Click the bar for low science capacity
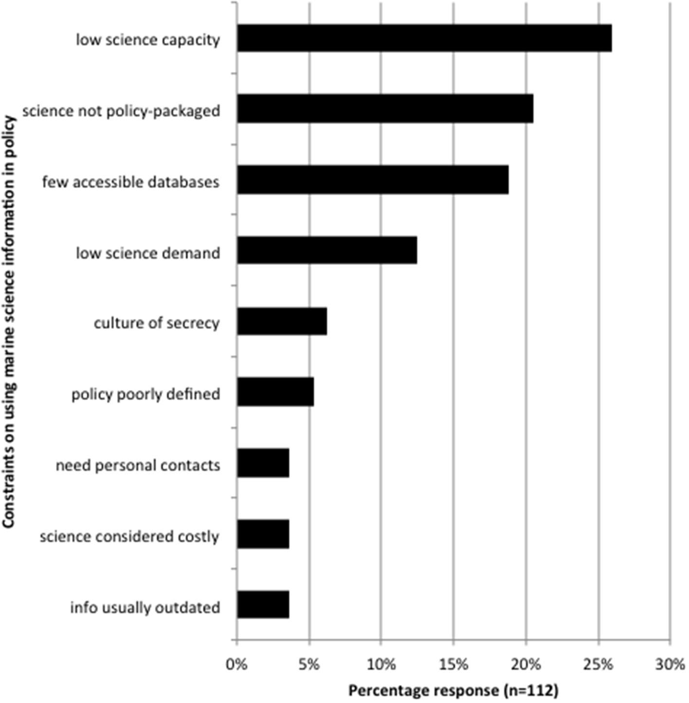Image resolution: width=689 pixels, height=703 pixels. (x=424, y=38)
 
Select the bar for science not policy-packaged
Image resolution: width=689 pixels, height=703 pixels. (x=385, y=109)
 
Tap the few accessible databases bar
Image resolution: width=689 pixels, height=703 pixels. (x=373, y=180)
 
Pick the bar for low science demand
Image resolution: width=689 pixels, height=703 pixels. (x=327, y=251)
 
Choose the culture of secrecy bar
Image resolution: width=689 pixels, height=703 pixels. (x=282, y=321)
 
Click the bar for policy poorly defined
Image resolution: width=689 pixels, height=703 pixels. (x=275, y=392)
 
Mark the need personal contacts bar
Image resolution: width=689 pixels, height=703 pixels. (x=263, y=463)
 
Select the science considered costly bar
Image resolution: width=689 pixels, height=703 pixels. (x=263, y=534)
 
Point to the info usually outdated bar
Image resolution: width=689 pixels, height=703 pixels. (x=263, y=605)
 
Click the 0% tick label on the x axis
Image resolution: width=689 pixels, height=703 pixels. (x=237, y=664)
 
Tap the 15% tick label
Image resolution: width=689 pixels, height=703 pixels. (x=453, y=664)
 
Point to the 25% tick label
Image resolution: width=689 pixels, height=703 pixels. (x=598, y=664)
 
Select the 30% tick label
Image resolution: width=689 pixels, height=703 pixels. (x=670, y=664)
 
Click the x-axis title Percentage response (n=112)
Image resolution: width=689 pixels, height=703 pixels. (x=453, y=690)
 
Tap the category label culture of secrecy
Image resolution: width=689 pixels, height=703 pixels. (x=157, y=323)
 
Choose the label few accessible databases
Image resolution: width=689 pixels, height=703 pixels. (x=130, y=182)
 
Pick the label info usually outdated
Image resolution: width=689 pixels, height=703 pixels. (x=145, y=607)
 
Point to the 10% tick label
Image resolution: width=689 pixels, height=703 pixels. (x=381, y=664)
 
